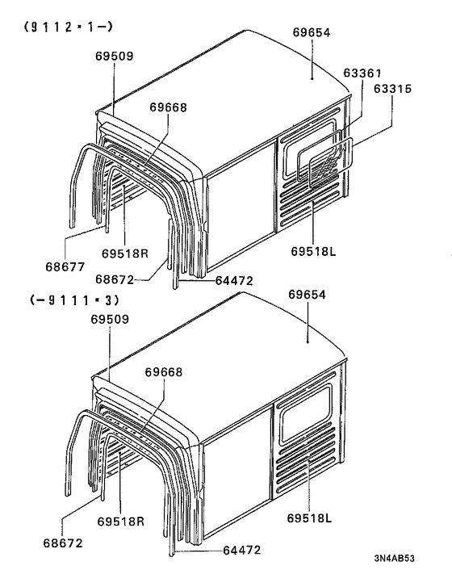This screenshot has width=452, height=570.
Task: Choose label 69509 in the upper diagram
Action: pos(111,56)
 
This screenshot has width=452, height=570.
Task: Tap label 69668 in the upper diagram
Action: pos(168,107)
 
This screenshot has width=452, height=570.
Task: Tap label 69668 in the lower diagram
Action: pos(164,372)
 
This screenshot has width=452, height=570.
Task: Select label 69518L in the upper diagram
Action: pos(312,252)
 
